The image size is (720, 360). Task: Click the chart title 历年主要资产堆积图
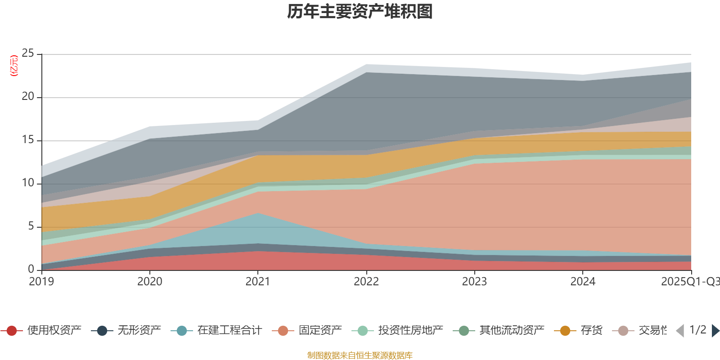360,12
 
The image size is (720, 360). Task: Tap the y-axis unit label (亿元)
14,66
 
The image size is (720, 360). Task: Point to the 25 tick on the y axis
28,54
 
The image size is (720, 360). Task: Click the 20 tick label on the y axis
28,97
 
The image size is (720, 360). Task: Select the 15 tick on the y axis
28,140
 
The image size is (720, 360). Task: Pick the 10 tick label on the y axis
28,183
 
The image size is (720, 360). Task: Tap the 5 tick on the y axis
31,226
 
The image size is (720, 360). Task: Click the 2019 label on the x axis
41,282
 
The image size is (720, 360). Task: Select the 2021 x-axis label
257,282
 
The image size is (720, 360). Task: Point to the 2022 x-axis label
366,282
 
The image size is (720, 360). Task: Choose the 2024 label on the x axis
583,282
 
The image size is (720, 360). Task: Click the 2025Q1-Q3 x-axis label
689,282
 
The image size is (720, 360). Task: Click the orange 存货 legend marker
565,331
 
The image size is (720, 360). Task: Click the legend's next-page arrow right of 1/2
715,331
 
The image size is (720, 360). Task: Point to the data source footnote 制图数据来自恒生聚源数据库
360,355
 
